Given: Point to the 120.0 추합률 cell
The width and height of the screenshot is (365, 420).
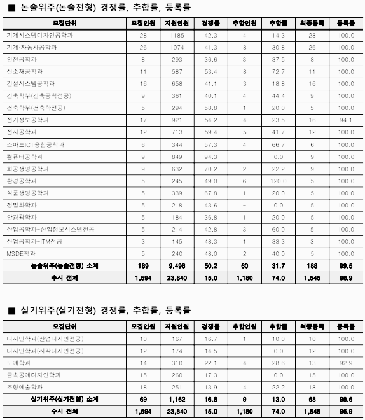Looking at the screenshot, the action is point(278,180).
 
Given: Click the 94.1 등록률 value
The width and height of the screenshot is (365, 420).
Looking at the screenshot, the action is point(346,120).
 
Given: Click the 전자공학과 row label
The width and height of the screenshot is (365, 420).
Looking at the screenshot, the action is point(21,132).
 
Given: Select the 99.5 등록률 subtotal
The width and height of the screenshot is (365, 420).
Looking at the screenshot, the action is point(346,265).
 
